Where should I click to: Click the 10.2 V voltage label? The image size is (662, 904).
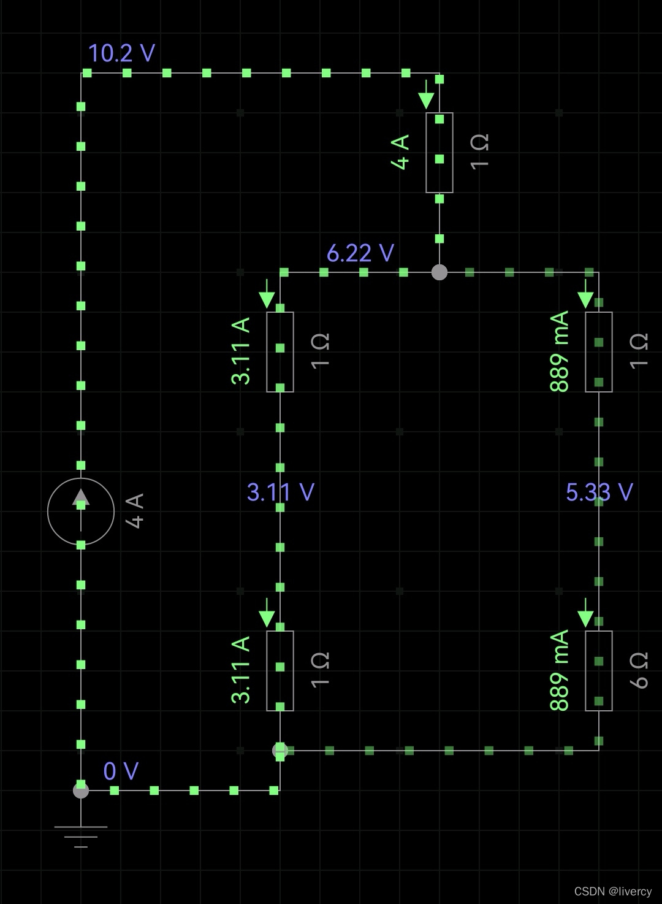click(x=121, y=53)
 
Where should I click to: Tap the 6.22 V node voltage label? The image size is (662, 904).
click(x=360, y=253)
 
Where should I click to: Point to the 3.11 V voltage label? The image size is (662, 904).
click(x=280, y=492)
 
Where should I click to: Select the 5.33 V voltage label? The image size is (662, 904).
click(x=599, y=492)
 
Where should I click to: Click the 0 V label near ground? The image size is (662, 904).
click(x=121, y=771)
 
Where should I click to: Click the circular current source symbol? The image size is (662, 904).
click(x=81, y=511)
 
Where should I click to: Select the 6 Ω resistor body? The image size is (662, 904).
click(x=599, y=670)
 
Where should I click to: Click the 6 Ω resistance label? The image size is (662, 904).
click(x=639, y=670)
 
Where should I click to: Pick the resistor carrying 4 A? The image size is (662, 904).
click(x=439, y=152)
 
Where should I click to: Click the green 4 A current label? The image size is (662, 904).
click(x=400, y=152)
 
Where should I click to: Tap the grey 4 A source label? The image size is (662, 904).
click(x=134, y=510)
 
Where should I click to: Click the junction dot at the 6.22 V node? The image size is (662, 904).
click(x=439, y=272)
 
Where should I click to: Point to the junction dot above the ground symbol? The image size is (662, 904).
click(x=81, y=790)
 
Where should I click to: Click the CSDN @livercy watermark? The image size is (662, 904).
click(x=613, y=891)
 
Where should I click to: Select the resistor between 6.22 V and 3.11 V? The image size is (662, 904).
click(x=280, y=351)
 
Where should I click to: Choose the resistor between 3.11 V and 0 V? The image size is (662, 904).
click(x=280, y=670)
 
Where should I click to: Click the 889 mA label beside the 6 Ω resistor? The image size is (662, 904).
click(x=559, y=670)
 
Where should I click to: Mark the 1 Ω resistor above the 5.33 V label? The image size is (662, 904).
click(x=599, y=351)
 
